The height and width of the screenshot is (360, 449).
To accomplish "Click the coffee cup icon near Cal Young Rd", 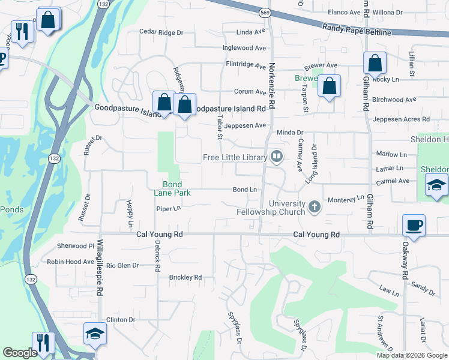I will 414,225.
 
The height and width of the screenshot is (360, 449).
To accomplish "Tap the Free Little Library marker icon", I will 277,157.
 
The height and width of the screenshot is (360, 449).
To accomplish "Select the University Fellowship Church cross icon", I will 314,208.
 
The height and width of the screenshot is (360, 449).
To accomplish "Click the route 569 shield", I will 265,12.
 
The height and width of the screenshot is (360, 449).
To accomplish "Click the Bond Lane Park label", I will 176,188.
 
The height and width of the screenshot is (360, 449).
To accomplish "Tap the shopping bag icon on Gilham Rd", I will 375,62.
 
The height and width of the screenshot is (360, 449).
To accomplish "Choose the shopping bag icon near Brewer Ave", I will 330,85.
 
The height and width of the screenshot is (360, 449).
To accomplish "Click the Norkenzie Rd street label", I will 272,86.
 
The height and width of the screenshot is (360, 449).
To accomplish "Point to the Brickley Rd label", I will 185,277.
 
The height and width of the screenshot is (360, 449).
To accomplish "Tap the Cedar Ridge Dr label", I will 161,32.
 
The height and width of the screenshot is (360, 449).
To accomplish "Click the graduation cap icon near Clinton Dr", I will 95,333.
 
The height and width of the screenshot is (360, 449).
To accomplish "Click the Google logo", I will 20,353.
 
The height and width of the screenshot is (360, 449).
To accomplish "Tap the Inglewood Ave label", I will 244,48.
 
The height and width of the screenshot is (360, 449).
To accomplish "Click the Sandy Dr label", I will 424,290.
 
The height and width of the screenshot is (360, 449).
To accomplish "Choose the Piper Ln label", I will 168,209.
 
